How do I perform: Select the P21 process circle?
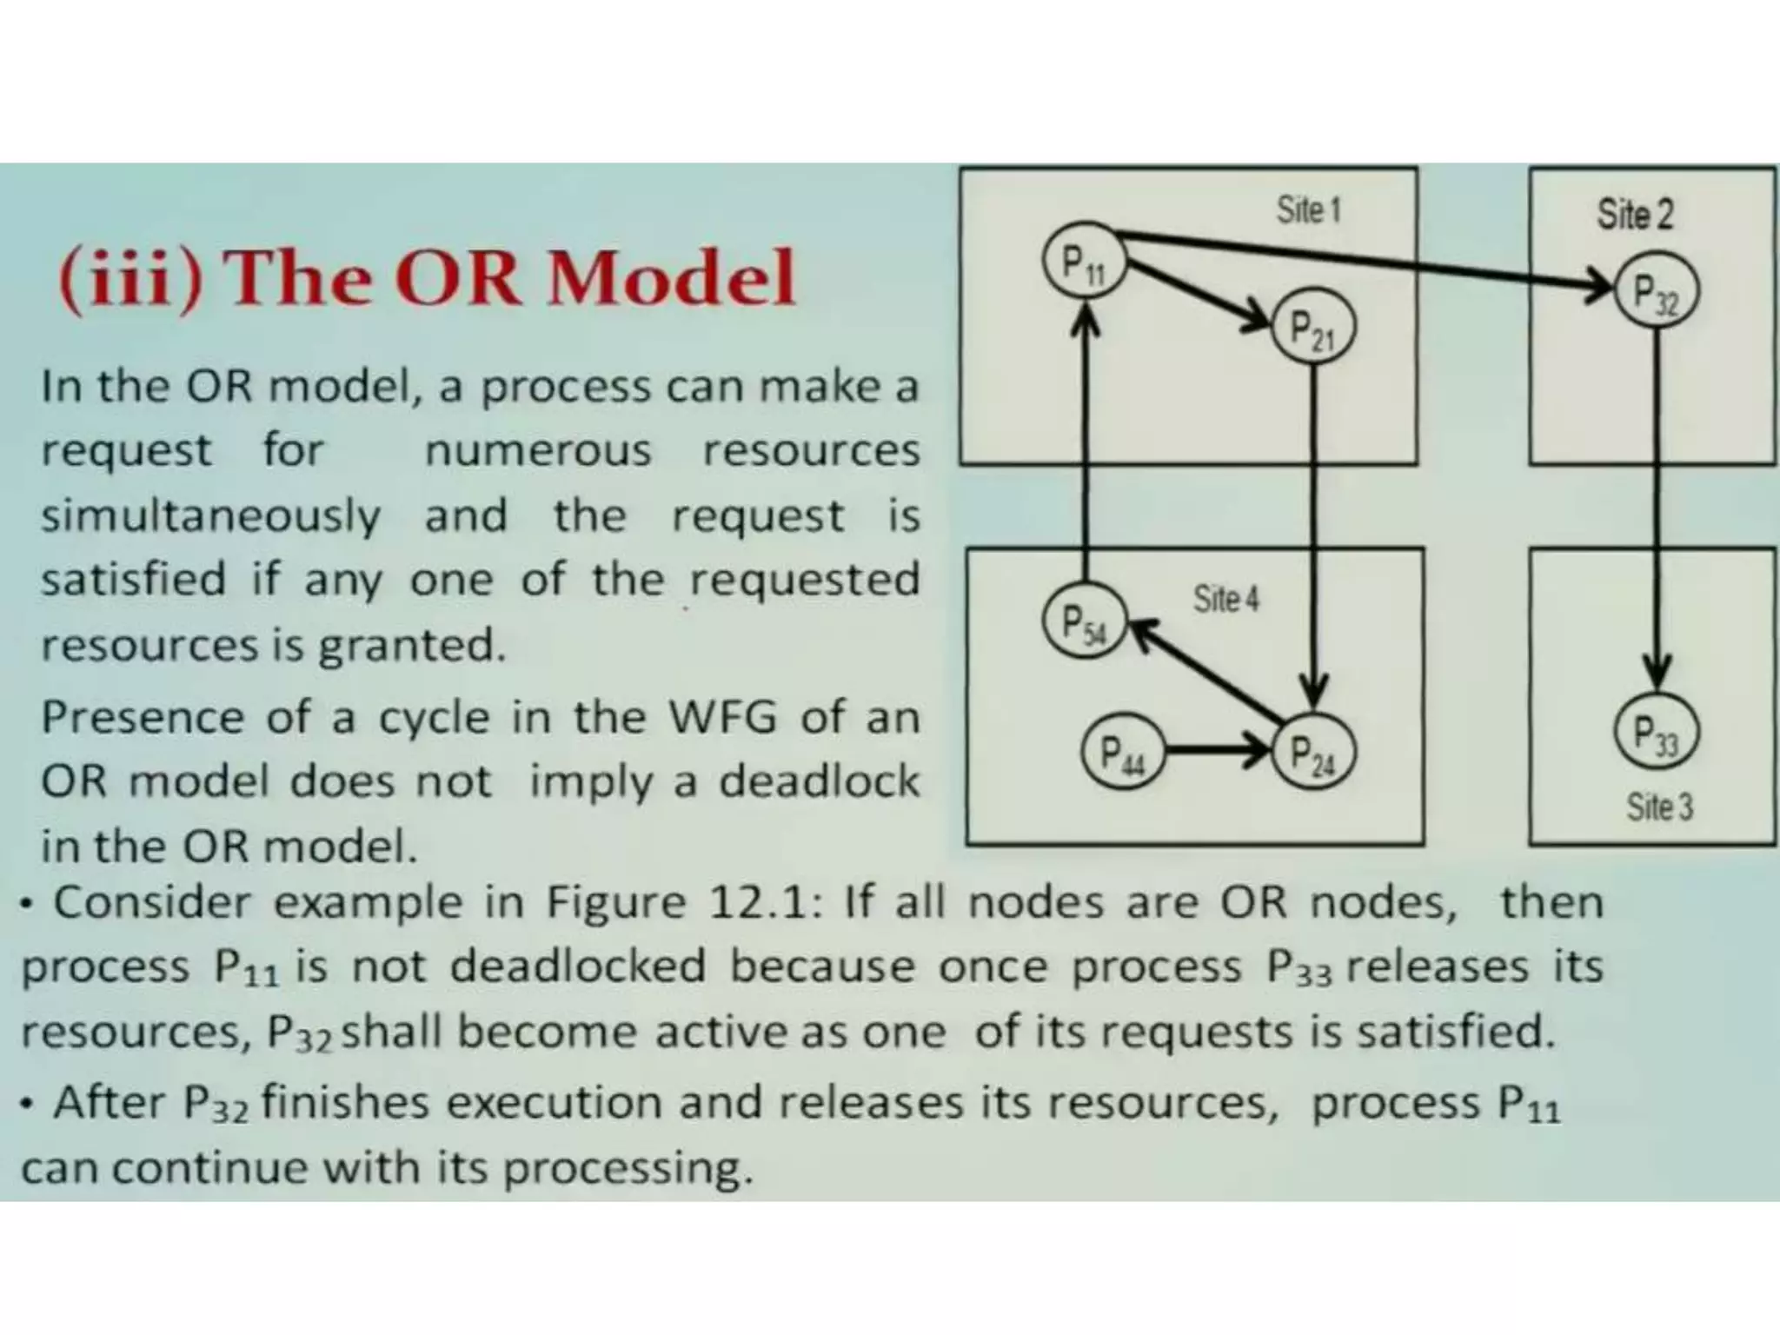point(1312,330)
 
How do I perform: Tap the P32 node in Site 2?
point(1656,291)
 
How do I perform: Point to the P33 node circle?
point(1656,732)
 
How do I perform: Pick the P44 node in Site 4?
point(1122,751)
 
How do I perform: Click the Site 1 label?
point(1308,210)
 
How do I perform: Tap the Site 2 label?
point(1634,214)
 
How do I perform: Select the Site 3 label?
point(1659,807)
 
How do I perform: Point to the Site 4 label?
point(1225,599)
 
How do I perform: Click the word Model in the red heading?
point(671,278)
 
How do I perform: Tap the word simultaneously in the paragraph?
point(211,516)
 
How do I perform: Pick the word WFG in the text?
point(721,718)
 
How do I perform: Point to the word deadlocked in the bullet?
point(577,966)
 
